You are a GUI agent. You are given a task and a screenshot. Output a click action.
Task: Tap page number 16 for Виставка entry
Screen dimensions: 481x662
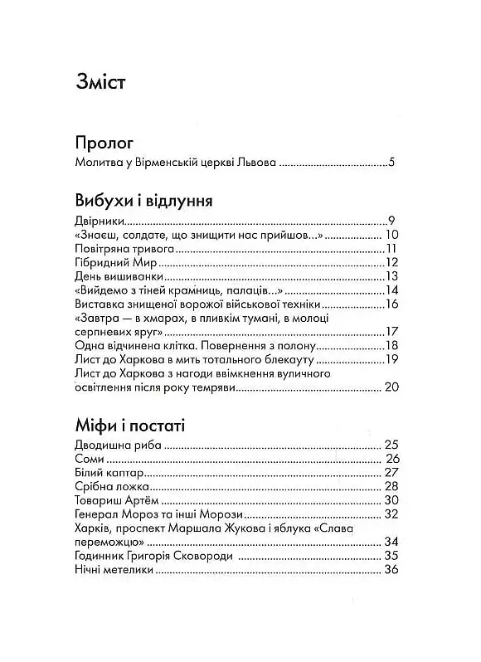pyautogui.click(x=392, y=304)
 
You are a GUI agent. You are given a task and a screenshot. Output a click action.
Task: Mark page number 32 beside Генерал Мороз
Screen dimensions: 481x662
pyautogui.click(x=392, y=515)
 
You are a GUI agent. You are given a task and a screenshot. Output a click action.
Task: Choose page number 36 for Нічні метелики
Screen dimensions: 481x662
pyautogui.click(x=392, y=571)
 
